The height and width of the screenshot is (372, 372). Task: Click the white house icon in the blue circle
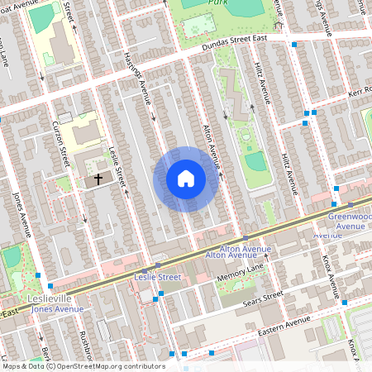point(186,179)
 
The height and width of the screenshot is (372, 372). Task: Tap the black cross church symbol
point(98,178)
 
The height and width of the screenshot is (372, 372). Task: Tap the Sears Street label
point(263,295)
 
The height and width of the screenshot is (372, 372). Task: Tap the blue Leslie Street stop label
point(157,278)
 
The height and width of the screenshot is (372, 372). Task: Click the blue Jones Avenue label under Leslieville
point(58,308)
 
